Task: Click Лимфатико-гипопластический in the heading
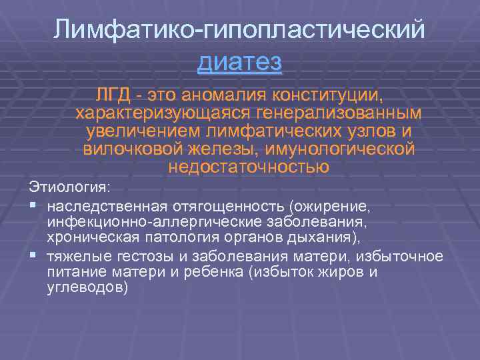[x=240, y=29]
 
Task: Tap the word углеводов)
[x=86, y=288]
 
